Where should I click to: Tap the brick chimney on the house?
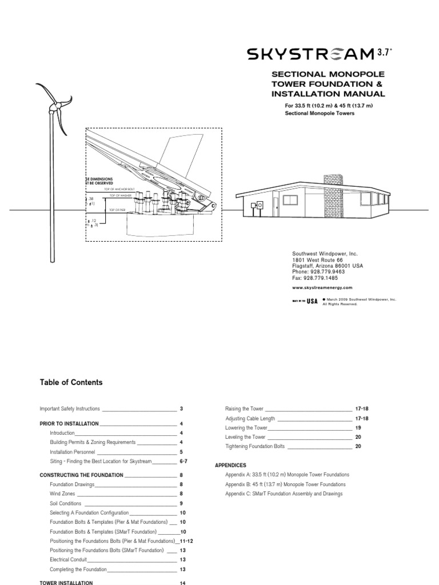333,186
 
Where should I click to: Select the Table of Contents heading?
71,383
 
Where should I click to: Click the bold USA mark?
312,302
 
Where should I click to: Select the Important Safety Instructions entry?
70,409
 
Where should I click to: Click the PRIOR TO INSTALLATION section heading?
69,424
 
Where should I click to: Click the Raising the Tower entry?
245,409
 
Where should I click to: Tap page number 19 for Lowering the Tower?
358,428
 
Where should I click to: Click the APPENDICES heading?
230,466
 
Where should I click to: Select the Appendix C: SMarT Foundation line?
284,494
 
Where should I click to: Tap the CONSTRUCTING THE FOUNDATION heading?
81,475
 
